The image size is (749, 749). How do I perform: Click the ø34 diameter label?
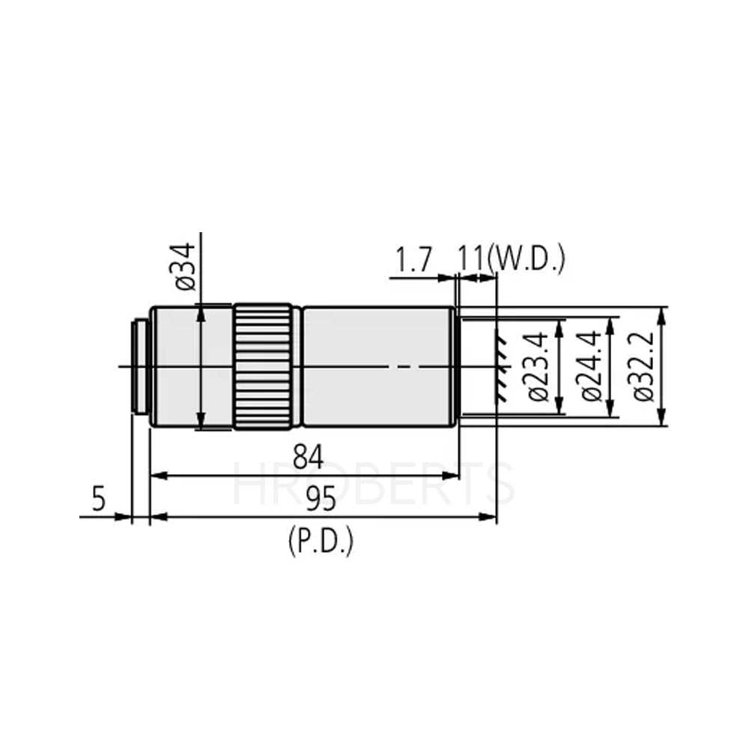coord(187,267)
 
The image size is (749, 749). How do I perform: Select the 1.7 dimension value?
coord(413,260)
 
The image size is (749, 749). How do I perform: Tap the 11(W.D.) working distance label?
coord(511,260)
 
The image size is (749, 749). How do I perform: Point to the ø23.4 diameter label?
coord(540,367)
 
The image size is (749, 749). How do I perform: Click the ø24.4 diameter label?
coord(591,367)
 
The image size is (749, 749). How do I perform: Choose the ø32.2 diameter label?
coord(643,367)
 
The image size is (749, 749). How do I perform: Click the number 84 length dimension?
coord(308,457)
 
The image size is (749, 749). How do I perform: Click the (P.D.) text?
coord(320,541)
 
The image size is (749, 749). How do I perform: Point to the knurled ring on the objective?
coord(263,366)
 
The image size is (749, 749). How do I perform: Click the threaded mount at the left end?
coord(139,366)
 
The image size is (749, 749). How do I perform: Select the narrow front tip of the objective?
coord(456,367)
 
